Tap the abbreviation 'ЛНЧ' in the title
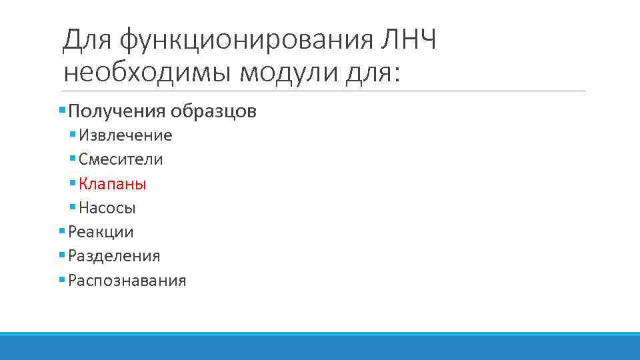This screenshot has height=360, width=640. [408, 41]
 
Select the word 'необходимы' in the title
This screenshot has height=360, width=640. [146, 72]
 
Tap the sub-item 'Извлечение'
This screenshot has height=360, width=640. [125, 136]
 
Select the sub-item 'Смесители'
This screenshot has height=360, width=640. [121, 160]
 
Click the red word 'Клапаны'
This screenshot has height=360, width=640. [112, 184]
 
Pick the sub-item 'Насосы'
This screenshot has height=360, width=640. [107, 208]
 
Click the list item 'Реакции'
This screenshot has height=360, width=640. [101, 232]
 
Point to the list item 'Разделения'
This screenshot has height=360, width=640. [114, 256]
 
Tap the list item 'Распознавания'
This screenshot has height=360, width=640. [127, 281]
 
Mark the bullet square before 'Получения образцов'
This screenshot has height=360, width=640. [62, 109]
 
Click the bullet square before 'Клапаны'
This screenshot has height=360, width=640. [73, 182]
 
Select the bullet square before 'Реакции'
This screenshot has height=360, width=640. [62, 231]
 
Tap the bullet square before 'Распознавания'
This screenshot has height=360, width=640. [62, 279]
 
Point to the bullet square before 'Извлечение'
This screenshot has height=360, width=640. [73, 134]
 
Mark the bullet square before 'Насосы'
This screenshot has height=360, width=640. [73, 207]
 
